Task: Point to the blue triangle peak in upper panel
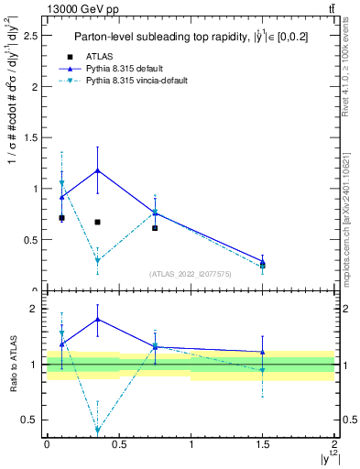click(97, 169)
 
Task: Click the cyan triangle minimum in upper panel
click(97, 261)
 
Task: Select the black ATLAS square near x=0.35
click(97, 222)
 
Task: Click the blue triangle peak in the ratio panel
click(97, 319)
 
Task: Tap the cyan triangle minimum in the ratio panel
click(97, 431)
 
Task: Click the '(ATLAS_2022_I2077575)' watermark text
click(191, 274)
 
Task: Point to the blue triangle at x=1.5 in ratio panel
click(263, 352)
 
